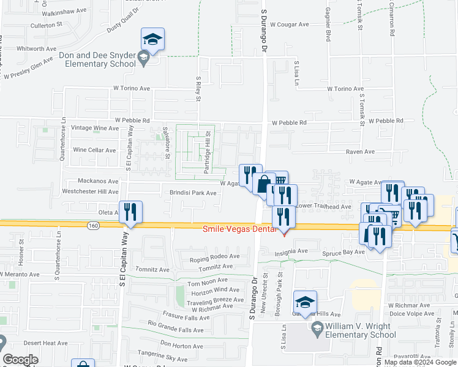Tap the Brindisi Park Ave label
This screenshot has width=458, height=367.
coord(193,193)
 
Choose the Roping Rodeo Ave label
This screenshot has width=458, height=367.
coord(214,256)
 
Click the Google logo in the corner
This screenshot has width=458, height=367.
coord(20,360)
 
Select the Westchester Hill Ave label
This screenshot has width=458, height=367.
coord(90,191)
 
